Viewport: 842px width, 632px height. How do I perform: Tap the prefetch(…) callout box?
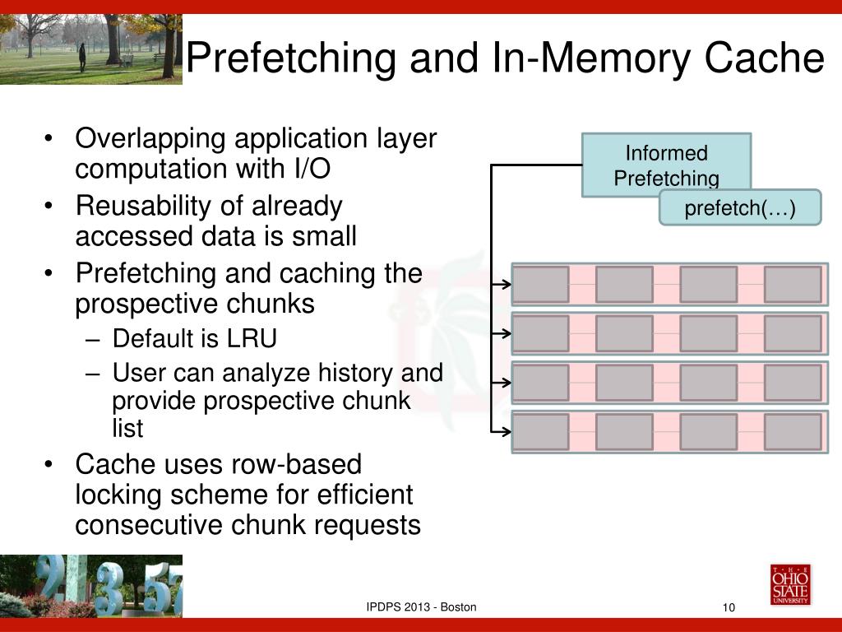(x=740, y=208)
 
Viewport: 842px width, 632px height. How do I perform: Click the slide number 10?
(x=728, y=608)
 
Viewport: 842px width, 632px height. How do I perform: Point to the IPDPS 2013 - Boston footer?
(x=421, y=607)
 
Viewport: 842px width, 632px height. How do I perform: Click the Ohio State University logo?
(x=789, y=584)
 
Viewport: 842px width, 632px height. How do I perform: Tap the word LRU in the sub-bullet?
(x=254, y=338)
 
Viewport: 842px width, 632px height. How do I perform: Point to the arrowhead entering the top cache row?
(x=507, y=284)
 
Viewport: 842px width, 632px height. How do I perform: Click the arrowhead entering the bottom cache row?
(x=507, y=431)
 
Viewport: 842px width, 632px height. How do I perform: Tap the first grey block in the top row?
(x=541, y=284)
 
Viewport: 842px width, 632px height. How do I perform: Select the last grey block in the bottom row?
(x=793, y=431)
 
